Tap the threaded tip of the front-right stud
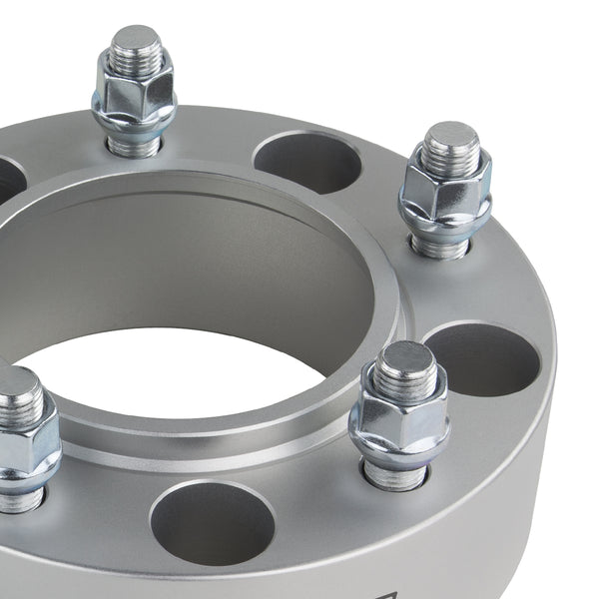[x=406, y=363]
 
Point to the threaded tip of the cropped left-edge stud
[x=18, y=391]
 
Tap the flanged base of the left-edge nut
[x=25, y=477]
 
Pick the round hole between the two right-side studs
[x=482, y=359]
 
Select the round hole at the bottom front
[x=212, y=521]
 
